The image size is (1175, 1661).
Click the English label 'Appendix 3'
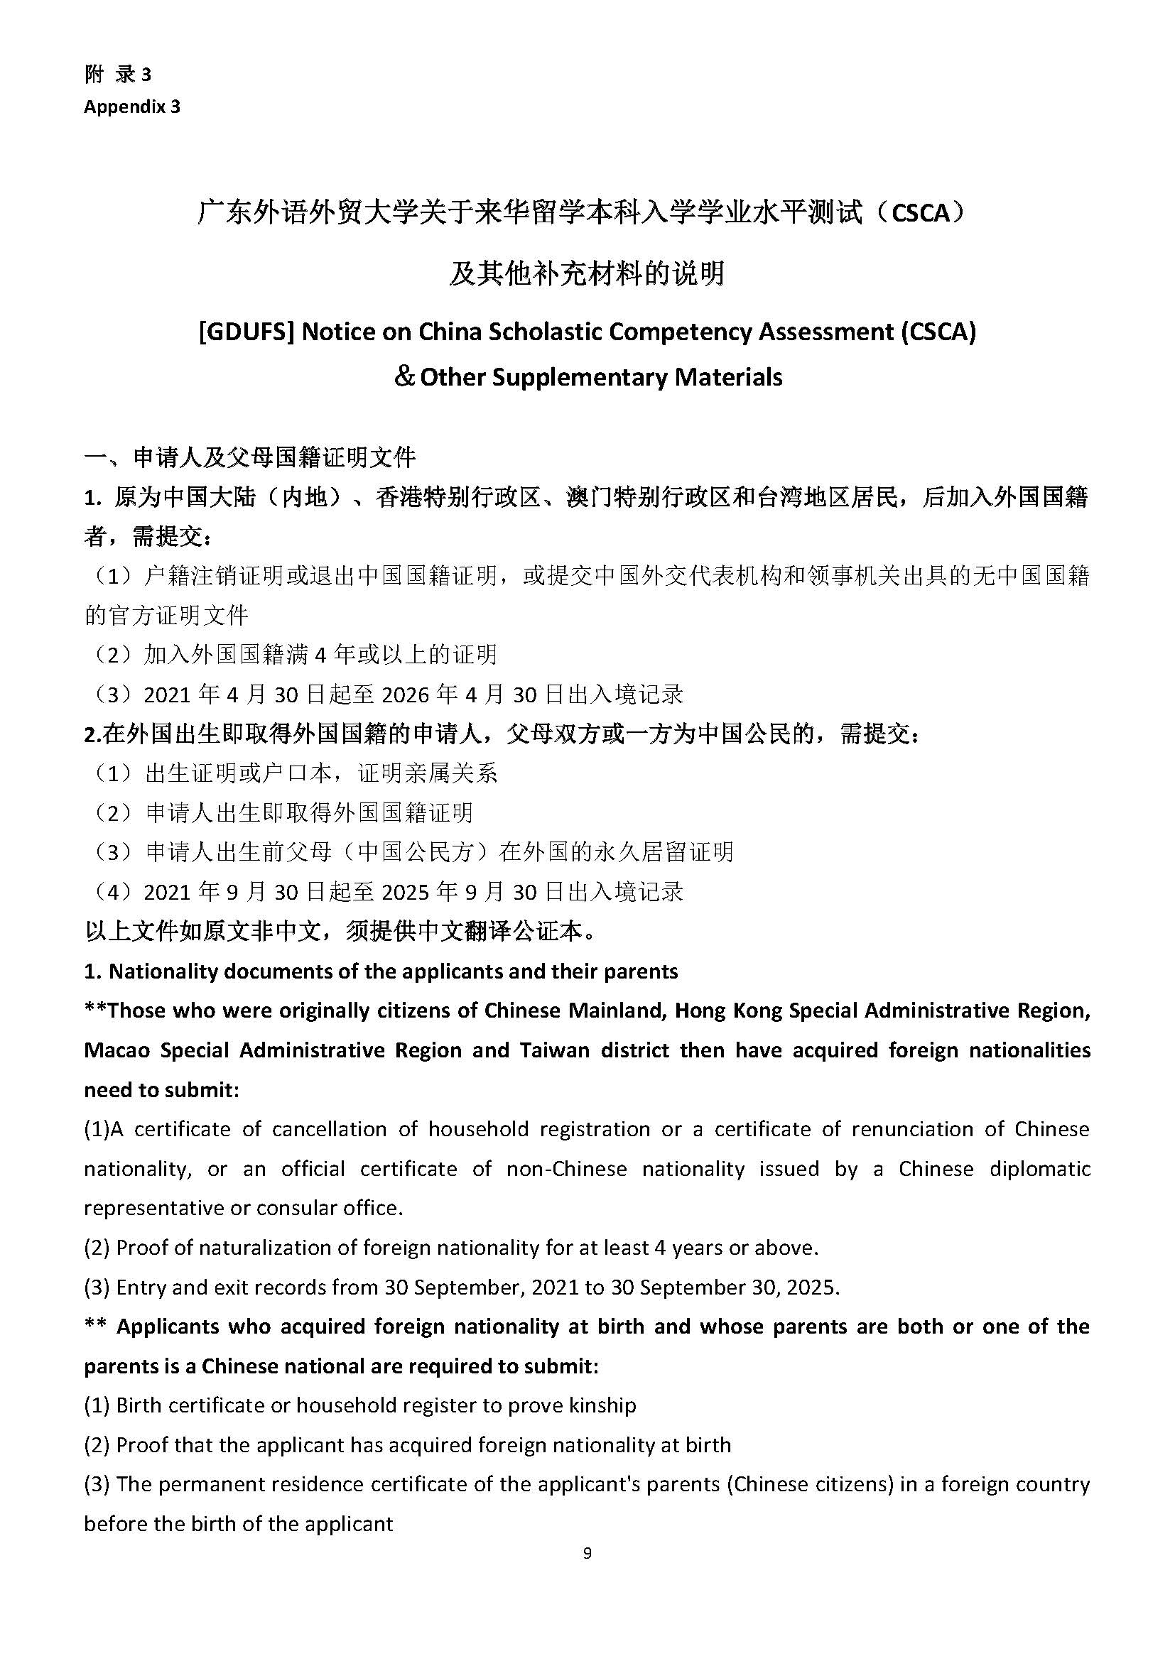pyautogui.click(x=131, y=107)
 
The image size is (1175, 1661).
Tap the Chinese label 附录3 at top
pyautogui.click(x=118, y=75)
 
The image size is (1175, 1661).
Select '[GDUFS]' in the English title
pyautogui.click(x=246, y=332)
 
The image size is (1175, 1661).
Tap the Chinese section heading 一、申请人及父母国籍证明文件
pyautogui.click(x=250, y=457)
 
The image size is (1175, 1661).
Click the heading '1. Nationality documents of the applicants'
pyautogui.click(x=381, y=971)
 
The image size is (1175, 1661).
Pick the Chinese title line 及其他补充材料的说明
pyautogui.click(x=587, y=273)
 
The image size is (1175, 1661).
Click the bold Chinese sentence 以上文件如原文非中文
pyautogui.click(x=340, y=931)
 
